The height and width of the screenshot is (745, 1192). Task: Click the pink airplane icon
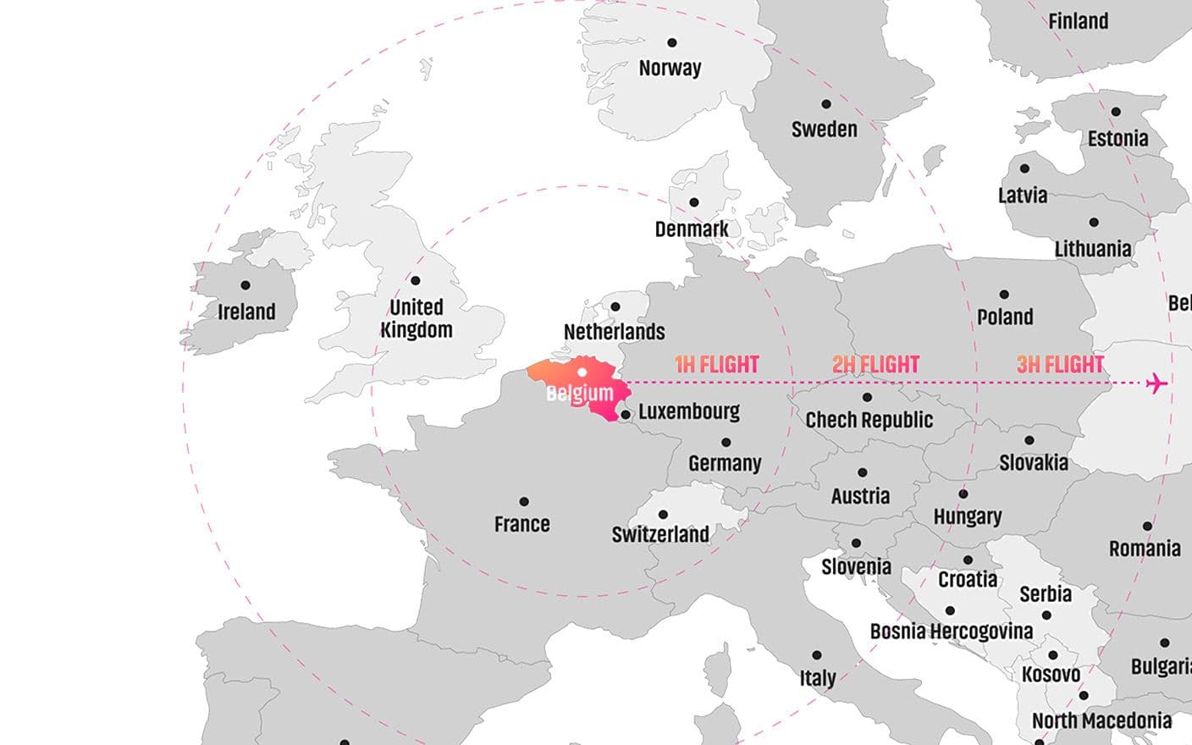(1157, 384)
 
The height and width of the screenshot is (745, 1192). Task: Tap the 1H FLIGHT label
(716, 365)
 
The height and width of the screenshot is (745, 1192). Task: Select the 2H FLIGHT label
(875, 365)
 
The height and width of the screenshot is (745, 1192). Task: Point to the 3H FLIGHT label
(1060, 365)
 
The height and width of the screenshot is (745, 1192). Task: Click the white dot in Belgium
(582, 372)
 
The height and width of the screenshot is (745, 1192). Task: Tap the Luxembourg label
(689, 411)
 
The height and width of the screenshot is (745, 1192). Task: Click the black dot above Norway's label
(672, 42)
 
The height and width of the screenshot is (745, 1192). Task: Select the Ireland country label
(246, 312)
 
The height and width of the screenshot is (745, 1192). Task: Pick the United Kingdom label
(417, 318)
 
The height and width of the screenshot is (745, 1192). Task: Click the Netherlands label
(614, 332)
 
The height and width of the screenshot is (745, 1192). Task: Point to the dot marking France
(524, 502)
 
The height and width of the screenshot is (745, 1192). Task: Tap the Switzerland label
(660, 534)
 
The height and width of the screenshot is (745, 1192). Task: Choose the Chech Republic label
(869, 420)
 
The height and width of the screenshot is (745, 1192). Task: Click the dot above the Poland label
(1004, 295)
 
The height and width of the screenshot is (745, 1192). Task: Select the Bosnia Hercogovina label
(952, 632)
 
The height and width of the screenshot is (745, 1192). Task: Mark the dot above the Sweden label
(826, 104)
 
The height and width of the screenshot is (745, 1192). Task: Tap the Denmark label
(692, 229)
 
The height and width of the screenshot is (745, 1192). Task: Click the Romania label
(1145, 549)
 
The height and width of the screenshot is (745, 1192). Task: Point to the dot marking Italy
(817, 655)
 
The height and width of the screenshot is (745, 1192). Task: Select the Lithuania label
(1093, 249)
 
